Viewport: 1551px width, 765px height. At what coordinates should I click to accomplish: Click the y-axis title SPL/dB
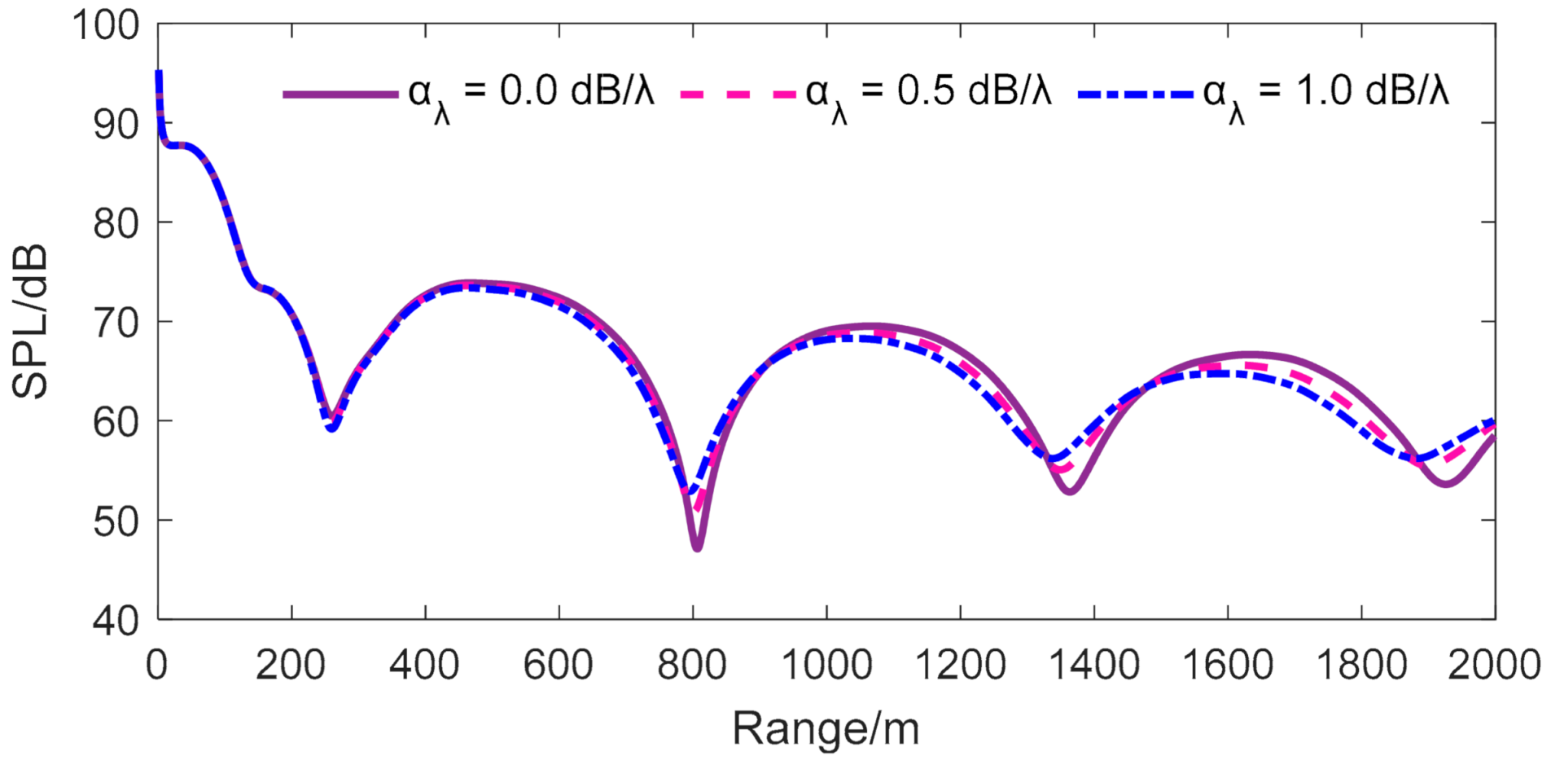point(31,322)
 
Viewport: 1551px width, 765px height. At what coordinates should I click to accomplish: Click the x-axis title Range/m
point(826,728)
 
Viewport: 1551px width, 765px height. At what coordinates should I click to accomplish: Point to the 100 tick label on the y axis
point(106,25)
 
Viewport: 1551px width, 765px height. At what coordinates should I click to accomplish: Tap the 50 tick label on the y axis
point(116,521)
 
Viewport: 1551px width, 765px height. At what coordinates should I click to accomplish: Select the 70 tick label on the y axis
point(116,323)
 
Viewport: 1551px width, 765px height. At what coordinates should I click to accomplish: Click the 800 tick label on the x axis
point(692,666)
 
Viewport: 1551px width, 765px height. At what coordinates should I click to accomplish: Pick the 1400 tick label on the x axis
point(1093,666)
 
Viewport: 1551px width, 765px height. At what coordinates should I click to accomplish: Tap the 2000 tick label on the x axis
point(1494,666)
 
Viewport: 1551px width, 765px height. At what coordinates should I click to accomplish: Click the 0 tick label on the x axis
point(157,666)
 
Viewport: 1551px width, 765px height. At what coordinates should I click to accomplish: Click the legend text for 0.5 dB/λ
point(928,94)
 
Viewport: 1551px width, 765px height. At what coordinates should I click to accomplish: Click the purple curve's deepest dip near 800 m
point(697,547)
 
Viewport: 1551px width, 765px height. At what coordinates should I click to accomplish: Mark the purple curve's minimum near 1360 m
point(1070,490)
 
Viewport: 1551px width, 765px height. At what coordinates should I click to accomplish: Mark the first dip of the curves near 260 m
point(331,425)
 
